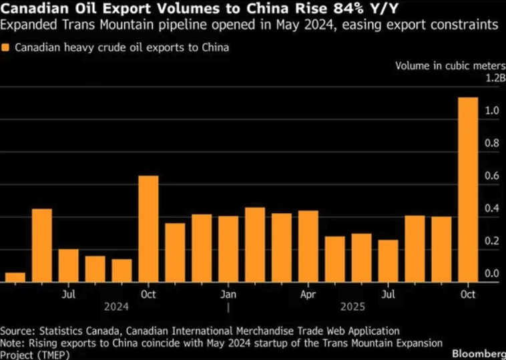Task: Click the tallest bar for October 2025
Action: [x=468, y=190]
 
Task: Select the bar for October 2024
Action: [x=148, y=229]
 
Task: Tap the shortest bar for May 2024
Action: [x=15, y=277]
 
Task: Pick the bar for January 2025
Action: [x=228, y=249]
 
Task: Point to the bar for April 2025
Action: [x=308, y=246]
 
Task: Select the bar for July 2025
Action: [x=388, y=261]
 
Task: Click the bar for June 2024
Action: [x=42, y=246]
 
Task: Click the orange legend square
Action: [x=6, y=48]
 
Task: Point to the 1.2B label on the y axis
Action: [x=495, y=78]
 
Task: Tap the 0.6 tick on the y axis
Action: [x=492, y=176]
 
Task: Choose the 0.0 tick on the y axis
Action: [x=492, y=273]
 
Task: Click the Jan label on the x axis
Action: [x=228, y=294]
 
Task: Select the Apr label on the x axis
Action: [x=308, y=294]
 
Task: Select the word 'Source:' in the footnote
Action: [x=18, y=331]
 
